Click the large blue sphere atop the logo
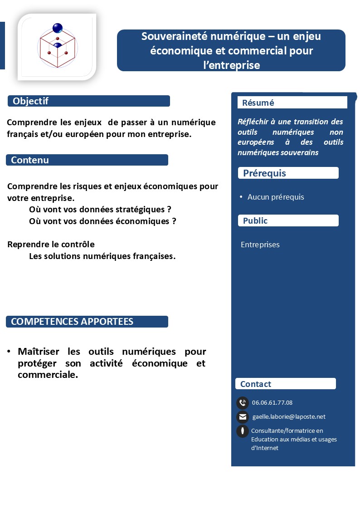pos(58,28)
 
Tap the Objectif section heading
pos(31,101)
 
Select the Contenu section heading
pos(30,160)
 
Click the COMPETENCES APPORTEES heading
pos(72,322)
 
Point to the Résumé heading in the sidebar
pos(258,103)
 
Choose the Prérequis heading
pos(264,173)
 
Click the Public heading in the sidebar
pos(255,221)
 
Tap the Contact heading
pos(256,384)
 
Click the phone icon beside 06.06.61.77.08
pos(243,402)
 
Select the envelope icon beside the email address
pos(243,417)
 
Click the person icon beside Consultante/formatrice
pos(243,431)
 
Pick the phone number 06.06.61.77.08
pos(272,402)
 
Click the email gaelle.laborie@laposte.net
pos(289,416)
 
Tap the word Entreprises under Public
pos(260,245)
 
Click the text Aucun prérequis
pos(276,197)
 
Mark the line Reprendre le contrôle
pos(51,244)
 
